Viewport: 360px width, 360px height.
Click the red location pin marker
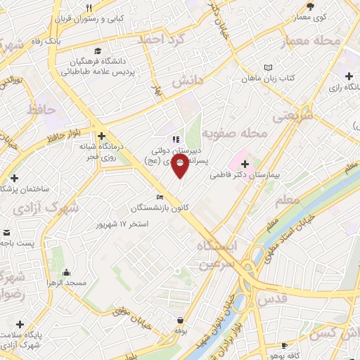[181, 167]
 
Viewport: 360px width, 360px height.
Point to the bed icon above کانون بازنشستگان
[160, 197]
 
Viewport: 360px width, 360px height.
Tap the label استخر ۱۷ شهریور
[125, 224]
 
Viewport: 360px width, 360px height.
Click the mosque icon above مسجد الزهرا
[66, 272]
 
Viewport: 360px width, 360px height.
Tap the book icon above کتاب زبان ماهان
[266, 67]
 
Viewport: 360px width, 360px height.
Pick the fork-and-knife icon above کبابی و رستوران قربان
[88, 8]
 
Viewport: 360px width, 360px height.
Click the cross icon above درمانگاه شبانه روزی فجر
[102, 136]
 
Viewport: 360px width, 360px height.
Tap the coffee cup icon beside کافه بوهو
[284, 345]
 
